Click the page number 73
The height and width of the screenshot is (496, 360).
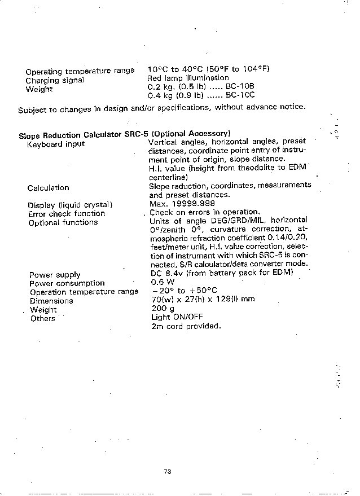(167, 472)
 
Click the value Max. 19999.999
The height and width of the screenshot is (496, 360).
(182, 204)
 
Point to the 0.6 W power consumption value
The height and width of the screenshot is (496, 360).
(163, 282)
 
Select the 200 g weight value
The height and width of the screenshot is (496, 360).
(161, 309)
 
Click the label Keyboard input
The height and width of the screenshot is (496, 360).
(56, 144)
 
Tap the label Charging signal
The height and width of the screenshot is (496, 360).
(55, 80)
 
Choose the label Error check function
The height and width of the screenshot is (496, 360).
(67, 214)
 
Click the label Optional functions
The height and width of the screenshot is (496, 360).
(63, 222)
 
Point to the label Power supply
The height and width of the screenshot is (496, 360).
(55, 275)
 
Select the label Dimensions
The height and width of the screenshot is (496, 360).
(51, 301)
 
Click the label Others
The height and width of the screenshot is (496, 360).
(42, 318)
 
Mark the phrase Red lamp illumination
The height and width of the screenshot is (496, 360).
(188, 78)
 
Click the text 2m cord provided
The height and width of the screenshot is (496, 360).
(186, 326)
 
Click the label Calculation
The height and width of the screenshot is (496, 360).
(48, 188)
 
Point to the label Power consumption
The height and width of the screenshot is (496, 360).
(67, 283)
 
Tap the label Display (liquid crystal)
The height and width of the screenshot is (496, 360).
(71, 205)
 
